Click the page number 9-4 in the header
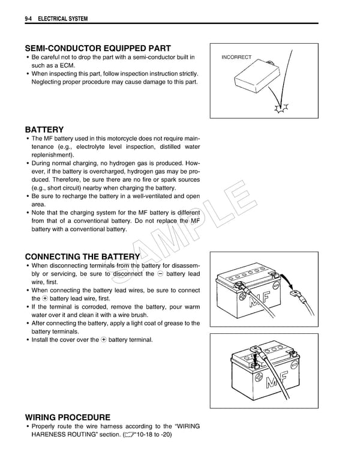click(29, 19)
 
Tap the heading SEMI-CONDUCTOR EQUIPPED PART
click(98, 48)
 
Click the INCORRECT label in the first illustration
click(236, 57)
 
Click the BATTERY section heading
click(44, 129)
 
